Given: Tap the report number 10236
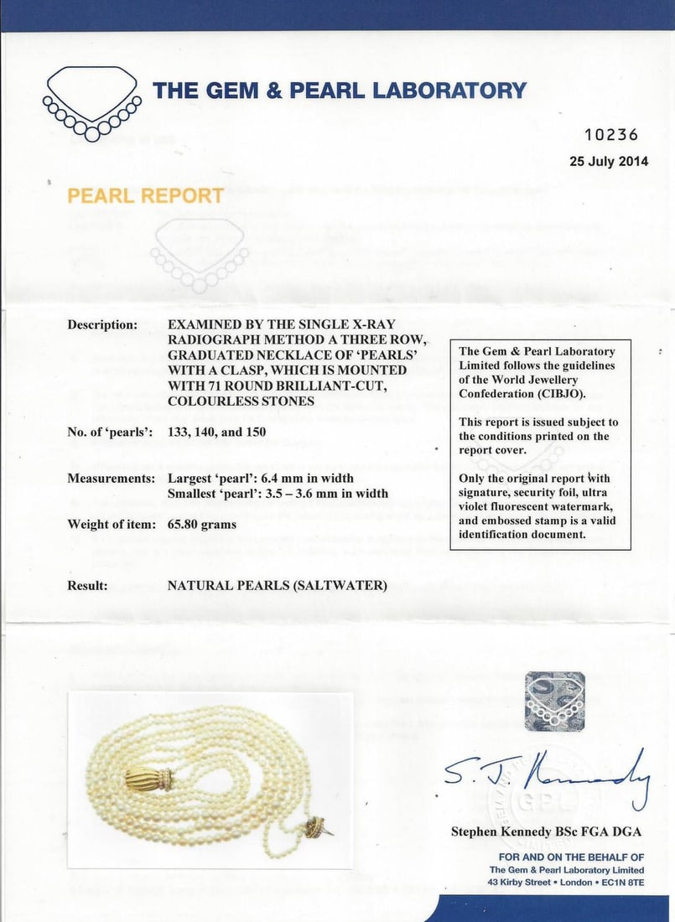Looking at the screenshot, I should click(610, 135).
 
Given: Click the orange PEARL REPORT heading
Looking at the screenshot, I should click(145, 196).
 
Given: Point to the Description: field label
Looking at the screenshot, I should click(102, 324).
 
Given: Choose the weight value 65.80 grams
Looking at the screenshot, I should click(202, 525).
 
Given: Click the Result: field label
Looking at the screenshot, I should click(87, 585).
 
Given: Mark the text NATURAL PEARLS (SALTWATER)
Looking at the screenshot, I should click(277, 585).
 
